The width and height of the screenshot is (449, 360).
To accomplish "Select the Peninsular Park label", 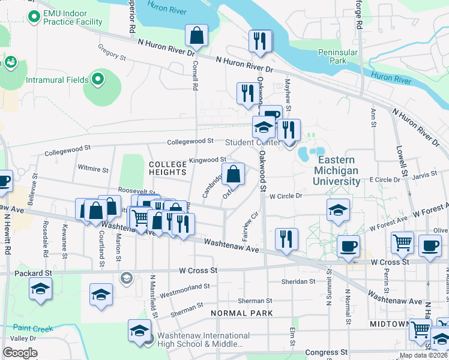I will (x=338, y=56).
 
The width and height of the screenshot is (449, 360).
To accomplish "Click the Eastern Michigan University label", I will (x=339, y=170).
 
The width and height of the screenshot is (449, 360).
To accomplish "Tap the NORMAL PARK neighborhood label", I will (x=242, y=313).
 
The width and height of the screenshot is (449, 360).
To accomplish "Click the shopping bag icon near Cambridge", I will (x=234, y=175).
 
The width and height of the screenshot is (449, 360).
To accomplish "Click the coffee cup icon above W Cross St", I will (x=348, y=245).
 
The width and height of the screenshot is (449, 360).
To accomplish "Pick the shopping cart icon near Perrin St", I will (x=402, y=243).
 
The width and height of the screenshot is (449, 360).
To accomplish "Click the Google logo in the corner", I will (x=20, y=353).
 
